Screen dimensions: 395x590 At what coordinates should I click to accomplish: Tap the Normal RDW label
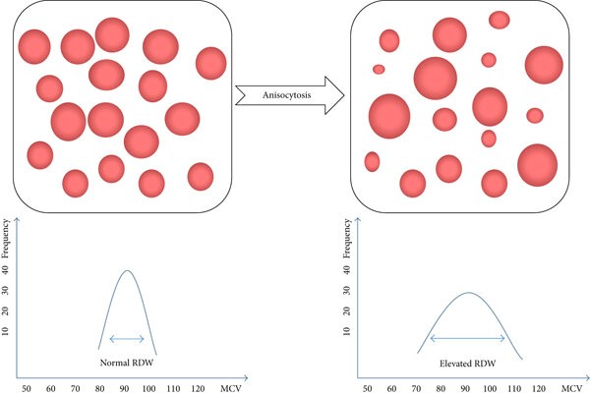pyautogui.click(x=126, y=361)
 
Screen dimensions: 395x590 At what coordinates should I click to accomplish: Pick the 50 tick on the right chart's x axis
pyautogui.click(x=368, y=389)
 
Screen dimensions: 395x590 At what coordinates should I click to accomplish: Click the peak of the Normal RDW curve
pyautogui.click(x=127, y=270)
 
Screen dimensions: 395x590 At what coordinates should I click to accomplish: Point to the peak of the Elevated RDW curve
pyautogui.click(x=468, y=293)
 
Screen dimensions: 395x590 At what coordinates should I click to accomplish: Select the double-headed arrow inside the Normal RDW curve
pyautogui.click(x=126, y=339)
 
